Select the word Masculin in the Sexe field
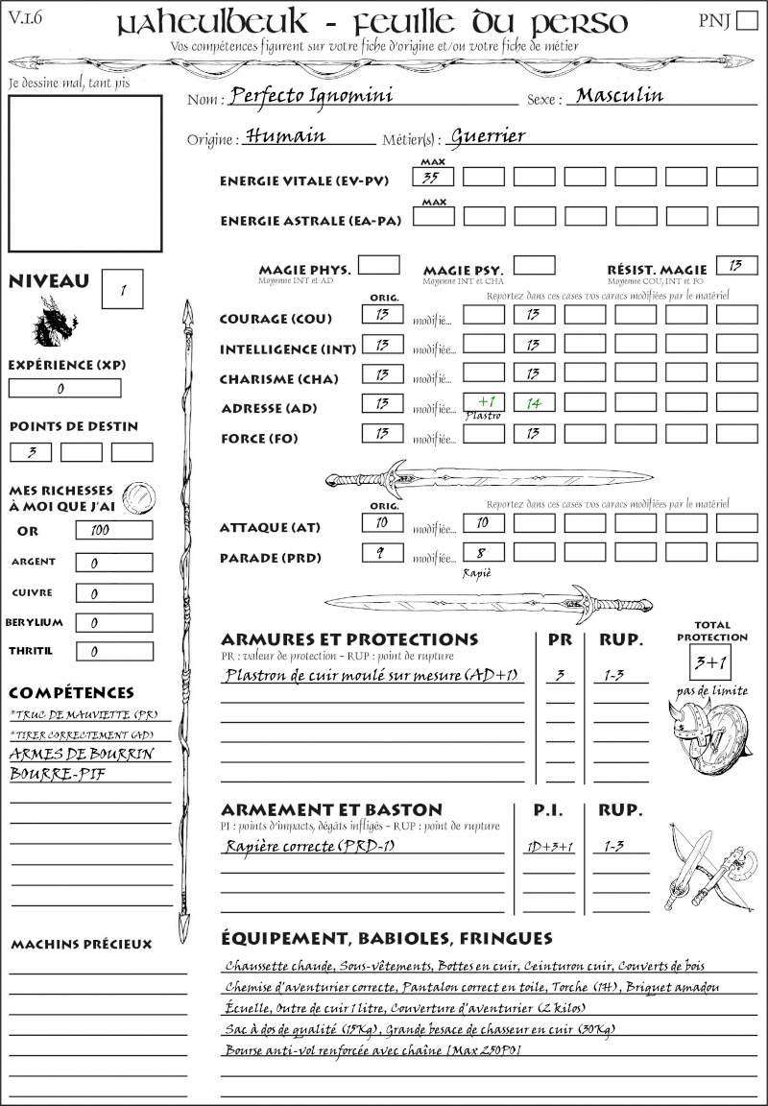(619, 95)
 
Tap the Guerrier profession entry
(488, 136)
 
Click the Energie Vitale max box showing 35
(433, 177)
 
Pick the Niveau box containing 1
(123, 289)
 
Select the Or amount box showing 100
(113, 530)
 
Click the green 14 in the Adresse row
(534, 404)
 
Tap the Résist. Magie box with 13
(736, 265)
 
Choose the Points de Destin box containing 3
(31, 452)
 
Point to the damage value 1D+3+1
(549, 847)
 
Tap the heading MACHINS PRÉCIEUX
(82, 945)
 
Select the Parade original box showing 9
(381, 553)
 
